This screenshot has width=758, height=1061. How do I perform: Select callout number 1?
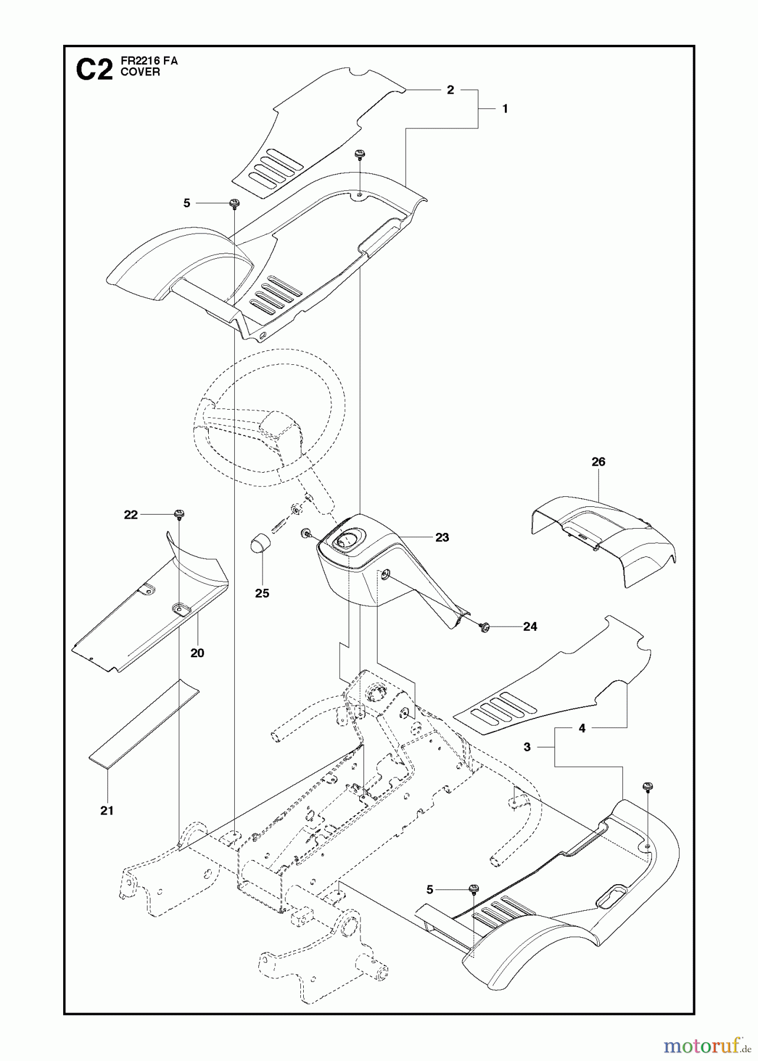504,108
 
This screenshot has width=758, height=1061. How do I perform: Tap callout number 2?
451,90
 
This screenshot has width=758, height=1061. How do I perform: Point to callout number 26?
598,462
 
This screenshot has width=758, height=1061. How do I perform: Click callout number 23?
442,537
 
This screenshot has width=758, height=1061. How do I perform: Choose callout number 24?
530,627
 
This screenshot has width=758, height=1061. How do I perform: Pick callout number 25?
262,593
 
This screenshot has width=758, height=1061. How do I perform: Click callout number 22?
130,515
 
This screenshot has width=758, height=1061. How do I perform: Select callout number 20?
197,653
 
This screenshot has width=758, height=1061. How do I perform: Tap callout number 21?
106,810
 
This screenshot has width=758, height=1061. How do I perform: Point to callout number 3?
527,747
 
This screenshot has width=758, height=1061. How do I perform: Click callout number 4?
582,729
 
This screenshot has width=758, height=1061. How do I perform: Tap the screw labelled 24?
485,626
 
